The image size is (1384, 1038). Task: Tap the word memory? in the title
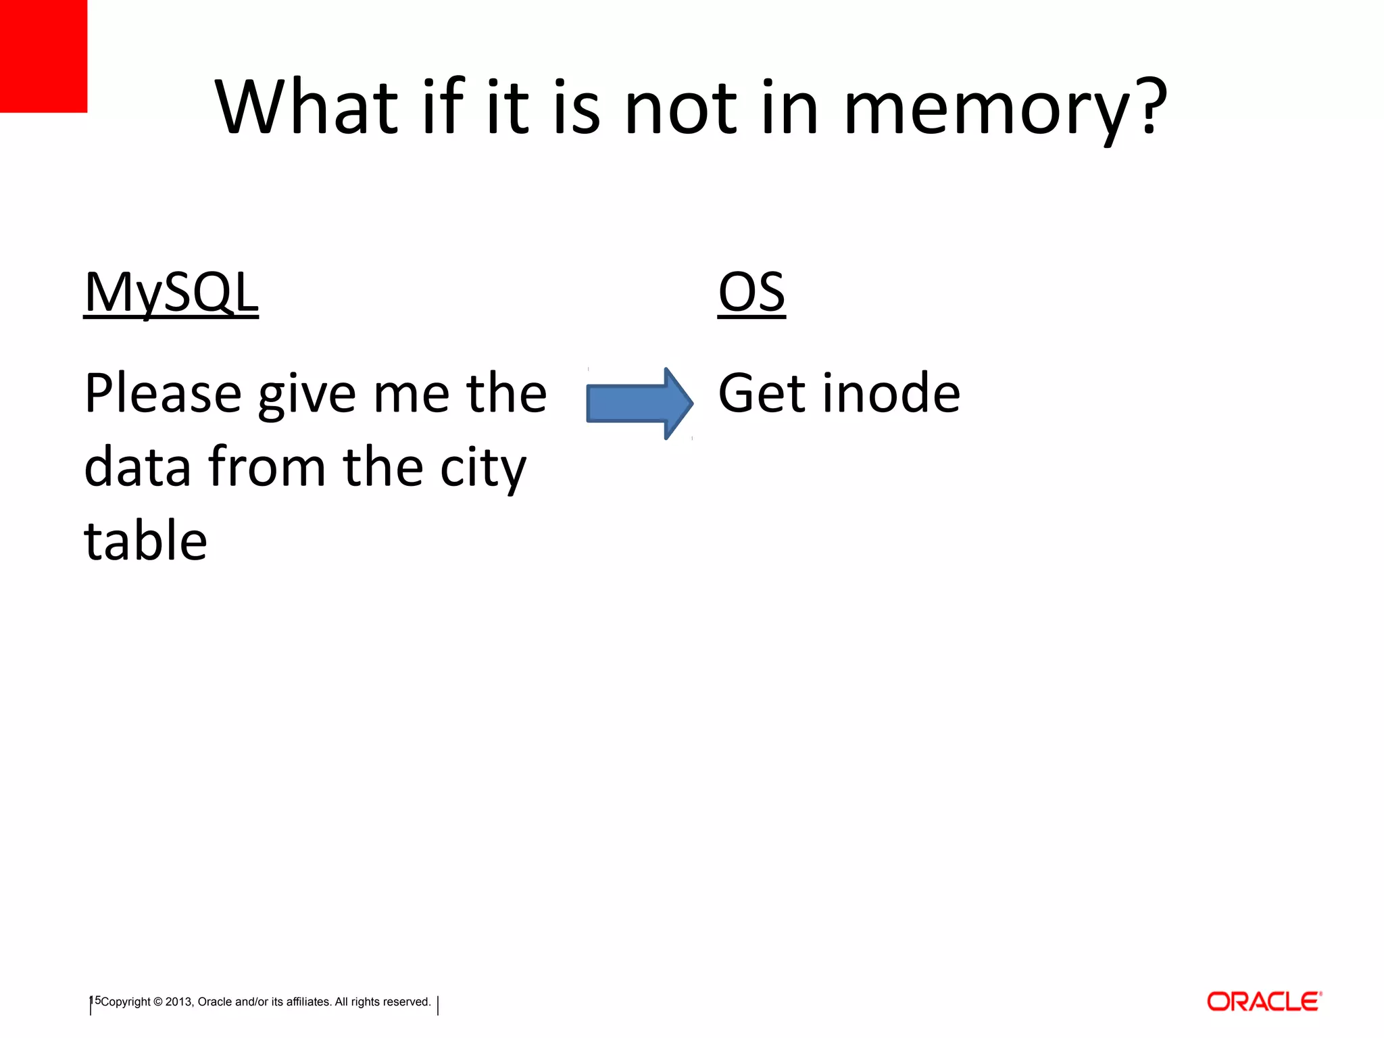[1006, 108]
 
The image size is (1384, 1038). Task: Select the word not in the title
[681, 108]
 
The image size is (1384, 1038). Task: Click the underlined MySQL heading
[171, 292]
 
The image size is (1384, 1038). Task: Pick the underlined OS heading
[751, 292]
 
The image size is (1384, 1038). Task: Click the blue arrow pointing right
[639, 403]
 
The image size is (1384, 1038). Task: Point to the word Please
[163, 394]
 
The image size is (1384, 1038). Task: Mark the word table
[145, 541]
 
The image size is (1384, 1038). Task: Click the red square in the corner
[43, 55]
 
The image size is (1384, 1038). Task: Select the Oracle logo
[1264, 1002]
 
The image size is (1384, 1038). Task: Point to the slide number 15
[95, 1000]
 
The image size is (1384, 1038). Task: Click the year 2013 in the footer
[179, 1002]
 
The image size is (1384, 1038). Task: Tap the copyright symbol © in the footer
[158, 1002]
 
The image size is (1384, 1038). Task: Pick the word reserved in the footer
[408, 1002]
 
